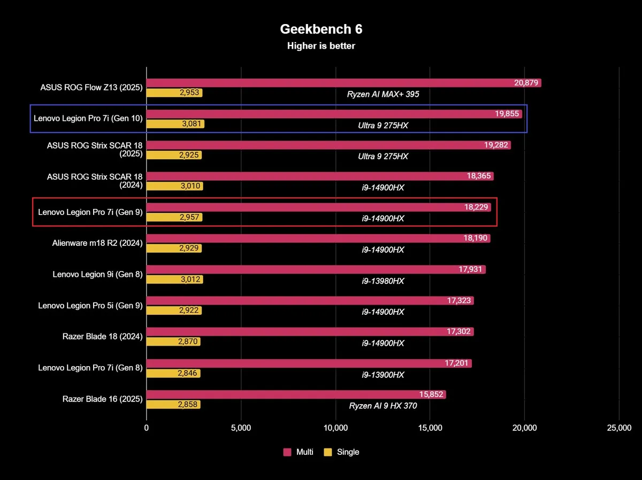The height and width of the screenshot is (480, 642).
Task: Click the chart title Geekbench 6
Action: pos(321,29)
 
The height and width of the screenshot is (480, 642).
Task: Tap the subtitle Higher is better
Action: pos(321,46)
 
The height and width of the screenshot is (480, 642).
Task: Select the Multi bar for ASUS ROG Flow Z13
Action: pos(332,83)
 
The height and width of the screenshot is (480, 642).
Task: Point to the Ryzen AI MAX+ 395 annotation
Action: pos(383,94)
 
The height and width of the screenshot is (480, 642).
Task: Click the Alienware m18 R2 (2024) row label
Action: pos(97,243)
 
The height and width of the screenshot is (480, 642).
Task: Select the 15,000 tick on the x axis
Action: pos(430,428)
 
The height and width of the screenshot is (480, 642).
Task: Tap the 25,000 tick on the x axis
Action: pos(619,428)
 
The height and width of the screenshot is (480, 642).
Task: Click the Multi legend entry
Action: pos(299,452)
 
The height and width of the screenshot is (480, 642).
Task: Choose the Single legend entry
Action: pos(342,452)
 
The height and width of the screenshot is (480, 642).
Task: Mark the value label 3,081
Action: pos(189,125)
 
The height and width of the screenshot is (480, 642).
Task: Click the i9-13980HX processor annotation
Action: pos(383,281)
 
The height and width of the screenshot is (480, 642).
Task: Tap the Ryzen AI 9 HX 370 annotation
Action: pos(383,406)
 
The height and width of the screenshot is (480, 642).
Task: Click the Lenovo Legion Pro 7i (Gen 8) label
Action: pos(90,367)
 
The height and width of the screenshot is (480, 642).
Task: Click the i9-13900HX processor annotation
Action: pos(383,375)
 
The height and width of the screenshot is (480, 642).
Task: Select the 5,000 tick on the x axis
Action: pos(241,428)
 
